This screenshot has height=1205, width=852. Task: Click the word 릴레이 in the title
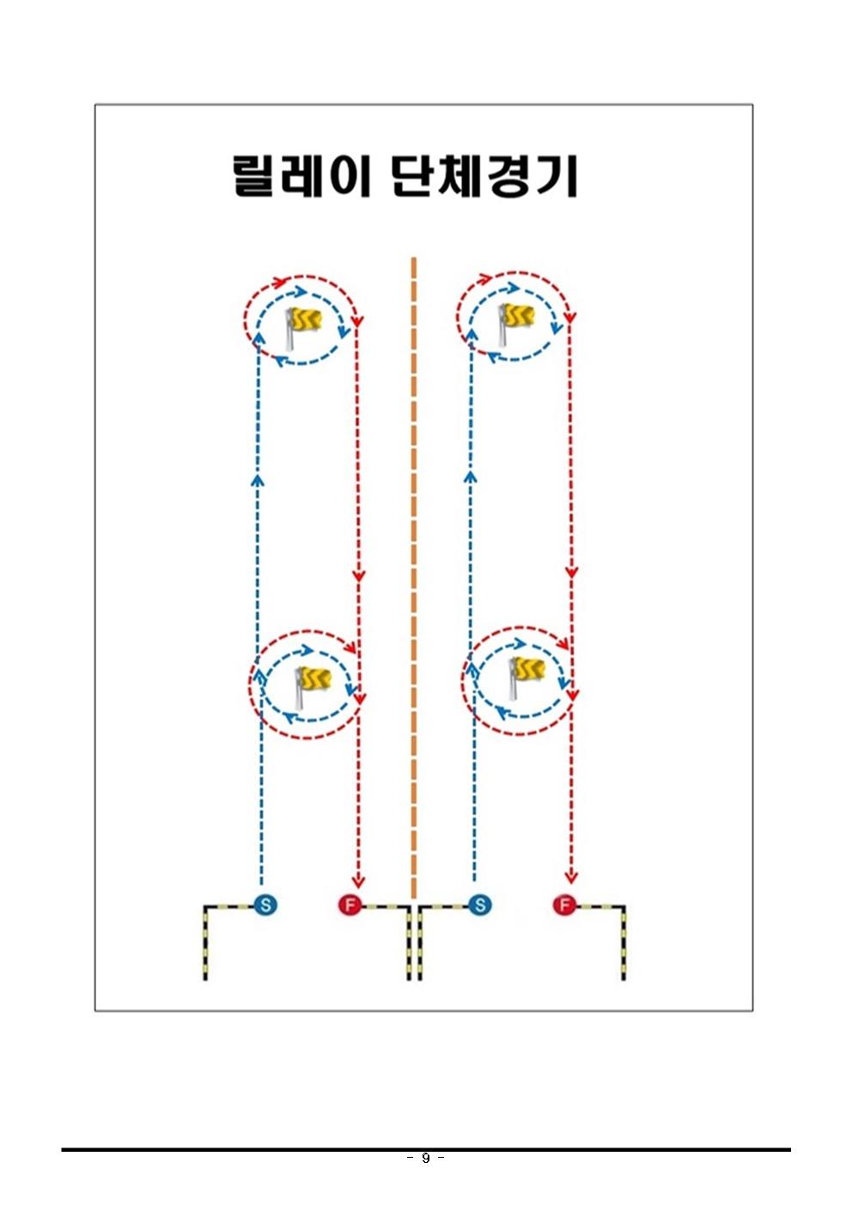pos(301,176)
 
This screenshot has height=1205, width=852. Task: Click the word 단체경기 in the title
pos(484,176)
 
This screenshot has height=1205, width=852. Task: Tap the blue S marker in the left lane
pos(265,904)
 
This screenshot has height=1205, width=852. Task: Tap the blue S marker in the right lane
pos(480,904)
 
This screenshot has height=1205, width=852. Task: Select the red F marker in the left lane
pos(350,904)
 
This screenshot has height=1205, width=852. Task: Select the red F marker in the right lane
pos(564,904)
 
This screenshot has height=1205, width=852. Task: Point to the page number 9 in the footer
pos(425,1159)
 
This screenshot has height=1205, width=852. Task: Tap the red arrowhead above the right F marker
pos(571,876)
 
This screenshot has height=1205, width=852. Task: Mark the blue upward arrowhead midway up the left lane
pos(257,479)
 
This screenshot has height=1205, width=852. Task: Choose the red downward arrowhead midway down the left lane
pos(358,576)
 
